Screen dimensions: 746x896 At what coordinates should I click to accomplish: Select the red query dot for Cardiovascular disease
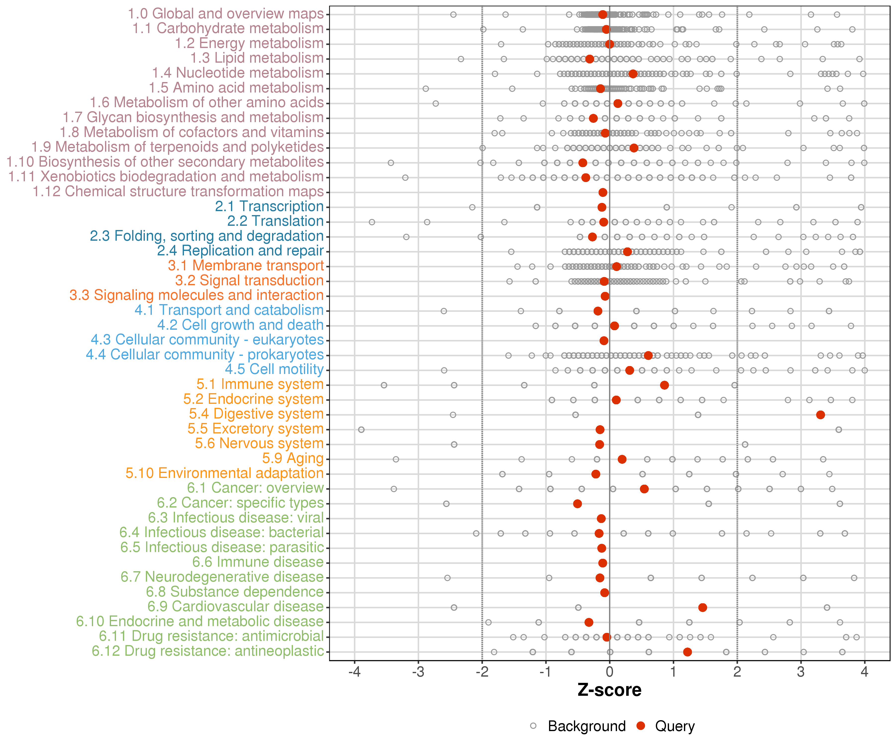(x=702, y=607)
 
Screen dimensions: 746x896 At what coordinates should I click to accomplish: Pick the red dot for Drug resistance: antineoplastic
(x=687, y=652)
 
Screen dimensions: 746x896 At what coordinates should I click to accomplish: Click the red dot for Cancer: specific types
(x=577, y=504)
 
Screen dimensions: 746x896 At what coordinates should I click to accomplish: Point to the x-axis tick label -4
(x=354, y=672)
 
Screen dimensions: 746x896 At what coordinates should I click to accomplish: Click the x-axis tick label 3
(x=801, y=672)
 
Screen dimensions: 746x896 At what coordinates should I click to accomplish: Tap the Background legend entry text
(x=587, y=726)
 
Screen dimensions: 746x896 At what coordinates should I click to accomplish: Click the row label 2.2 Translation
(x=275, y=221)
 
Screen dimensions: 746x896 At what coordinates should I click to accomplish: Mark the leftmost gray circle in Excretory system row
(x=361, y=430)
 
